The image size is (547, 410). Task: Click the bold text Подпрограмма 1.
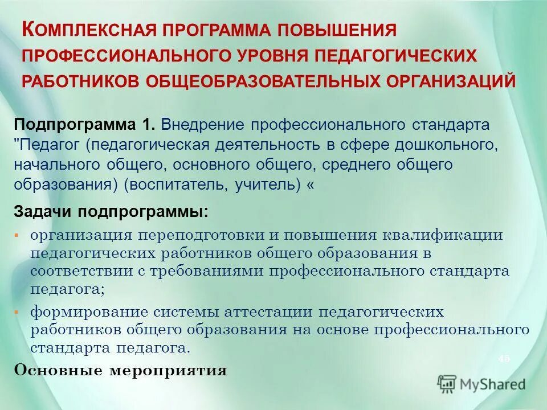(85, 124)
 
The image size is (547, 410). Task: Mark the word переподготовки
(205, 235)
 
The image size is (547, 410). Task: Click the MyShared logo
(481, 384)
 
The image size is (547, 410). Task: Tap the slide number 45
(504, 359)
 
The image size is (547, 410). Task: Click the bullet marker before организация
(17, 235)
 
